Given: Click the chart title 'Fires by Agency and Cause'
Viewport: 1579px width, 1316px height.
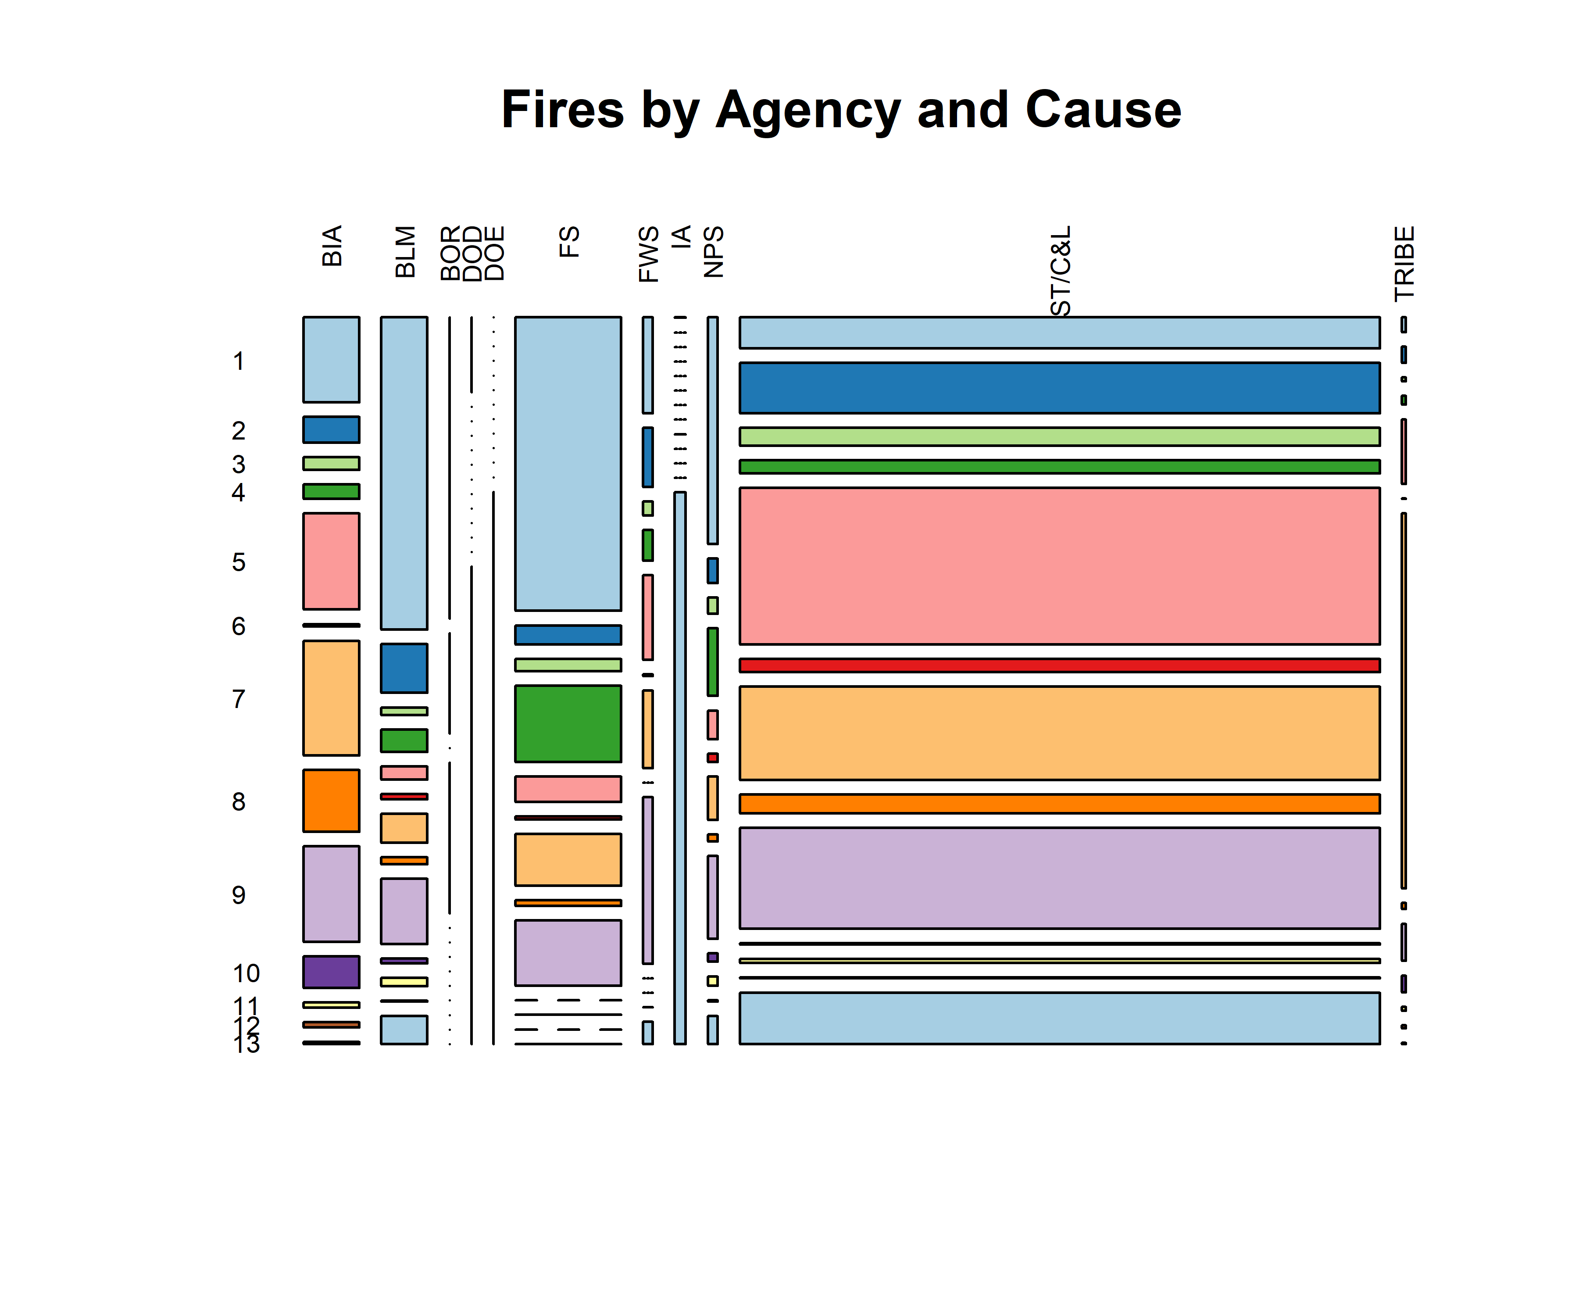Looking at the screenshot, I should point(841,110).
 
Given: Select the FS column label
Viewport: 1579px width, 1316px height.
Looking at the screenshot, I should point(569,242).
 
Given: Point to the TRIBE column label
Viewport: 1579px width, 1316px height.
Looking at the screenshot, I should point(1404,263).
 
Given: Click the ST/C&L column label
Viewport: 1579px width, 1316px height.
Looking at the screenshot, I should point(1060,271).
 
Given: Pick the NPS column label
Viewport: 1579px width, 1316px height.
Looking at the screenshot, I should point(713,252).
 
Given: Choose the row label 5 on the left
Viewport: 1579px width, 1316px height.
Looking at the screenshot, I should point(238,562).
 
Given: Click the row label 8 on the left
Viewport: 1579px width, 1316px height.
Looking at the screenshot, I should point(238,801).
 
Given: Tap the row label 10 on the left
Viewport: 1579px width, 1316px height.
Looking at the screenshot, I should point(246,973).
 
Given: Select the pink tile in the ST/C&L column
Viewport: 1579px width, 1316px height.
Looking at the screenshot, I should point(1059,565).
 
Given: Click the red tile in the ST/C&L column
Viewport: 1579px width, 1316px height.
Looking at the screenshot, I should point(1059,665).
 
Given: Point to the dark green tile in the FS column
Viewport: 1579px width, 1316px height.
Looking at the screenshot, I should point(568,723).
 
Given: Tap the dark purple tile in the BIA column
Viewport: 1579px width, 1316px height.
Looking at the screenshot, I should point(331,972).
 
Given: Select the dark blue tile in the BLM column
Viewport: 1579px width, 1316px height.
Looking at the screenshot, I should point(404,668).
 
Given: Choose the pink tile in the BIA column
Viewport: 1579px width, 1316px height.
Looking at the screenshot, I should point(331,561).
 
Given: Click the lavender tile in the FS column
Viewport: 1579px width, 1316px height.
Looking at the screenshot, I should point(568,952).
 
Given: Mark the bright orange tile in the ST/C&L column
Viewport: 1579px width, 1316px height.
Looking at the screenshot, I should point(1059,803).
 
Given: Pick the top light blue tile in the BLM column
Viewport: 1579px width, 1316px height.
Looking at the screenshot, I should point(404,472).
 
